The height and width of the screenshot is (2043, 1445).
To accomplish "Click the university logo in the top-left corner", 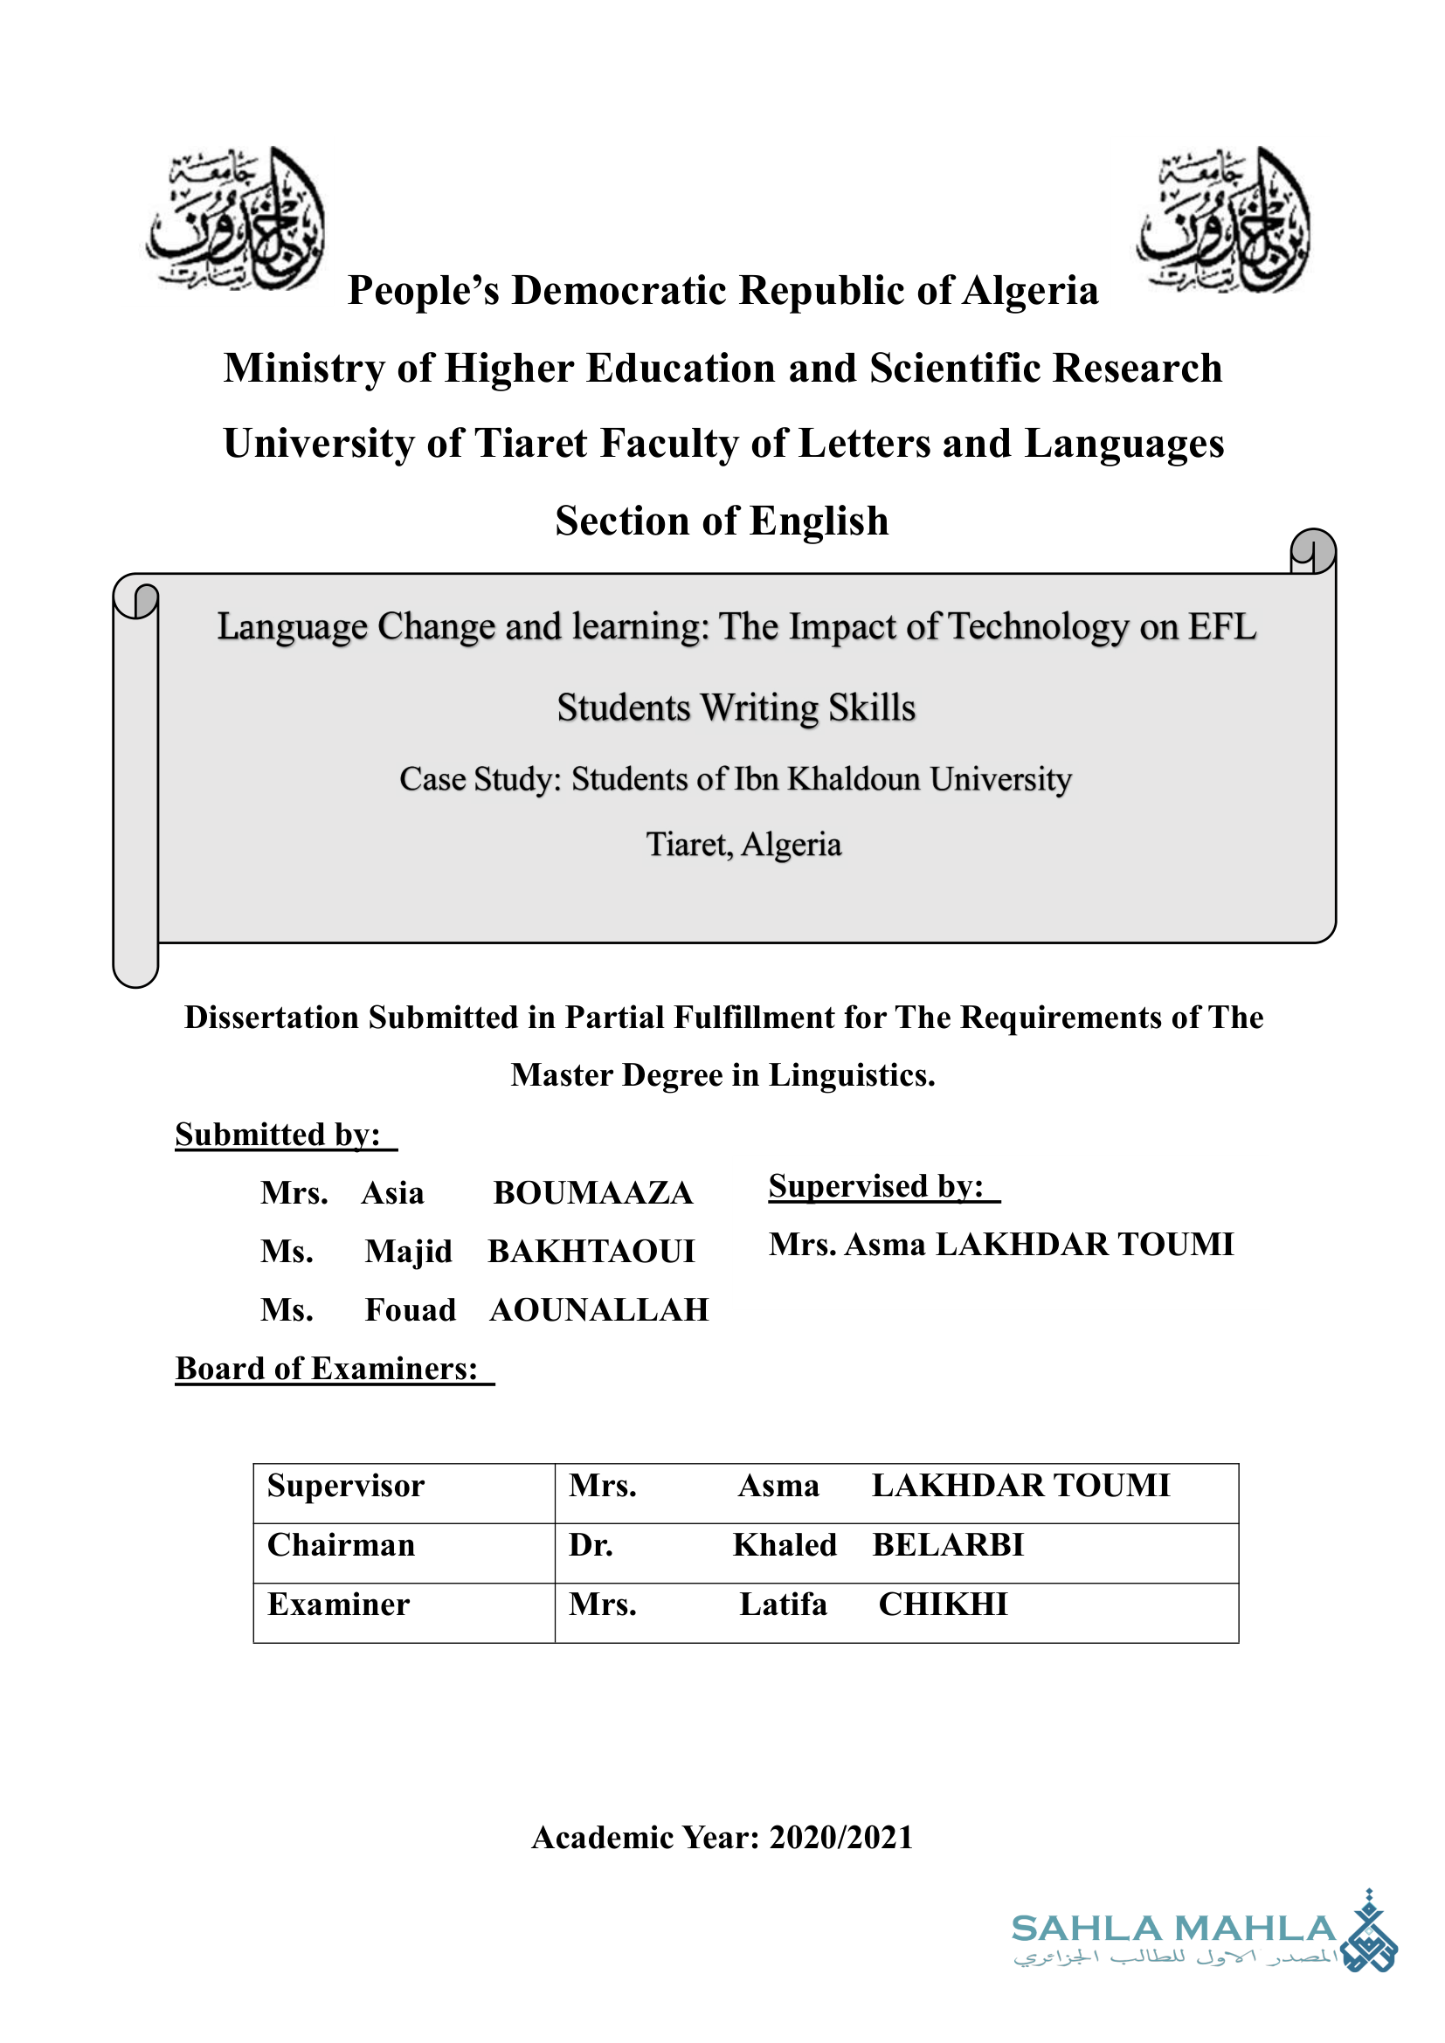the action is tap(236, 219).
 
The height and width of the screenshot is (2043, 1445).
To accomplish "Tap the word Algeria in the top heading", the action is tap(1030, 291).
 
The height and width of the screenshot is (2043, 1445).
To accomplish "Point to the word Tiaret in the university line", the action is tap(531, 444).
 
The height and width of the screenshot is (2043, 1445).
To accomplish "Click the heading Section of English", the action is tap(722, 521).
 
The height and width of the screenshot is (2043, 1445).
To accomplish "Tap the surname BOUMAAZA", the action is tap(592, 1193).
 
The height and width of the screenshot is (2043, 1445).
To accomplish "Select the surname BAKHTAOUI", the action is tap(591, 1252).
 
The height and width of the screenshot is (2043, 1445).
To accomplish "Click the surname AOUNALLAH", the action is tap(598, 1311).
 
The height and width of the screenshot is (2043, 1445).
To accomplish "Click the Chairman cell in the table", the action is tap(342, 1546).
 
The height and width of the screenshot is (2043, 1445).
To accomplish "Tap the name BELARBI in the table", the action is tap(948, 1546).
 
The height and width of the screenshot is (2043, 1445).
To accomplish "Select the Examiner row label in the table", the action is tap(339, 1605).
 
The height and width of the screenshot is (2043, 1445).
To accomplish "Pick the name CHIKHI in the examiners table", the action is tap(944, 1605).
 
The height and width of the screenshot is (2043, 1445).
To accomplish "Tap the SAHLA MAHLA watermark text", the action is tap(1173, 1929).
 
